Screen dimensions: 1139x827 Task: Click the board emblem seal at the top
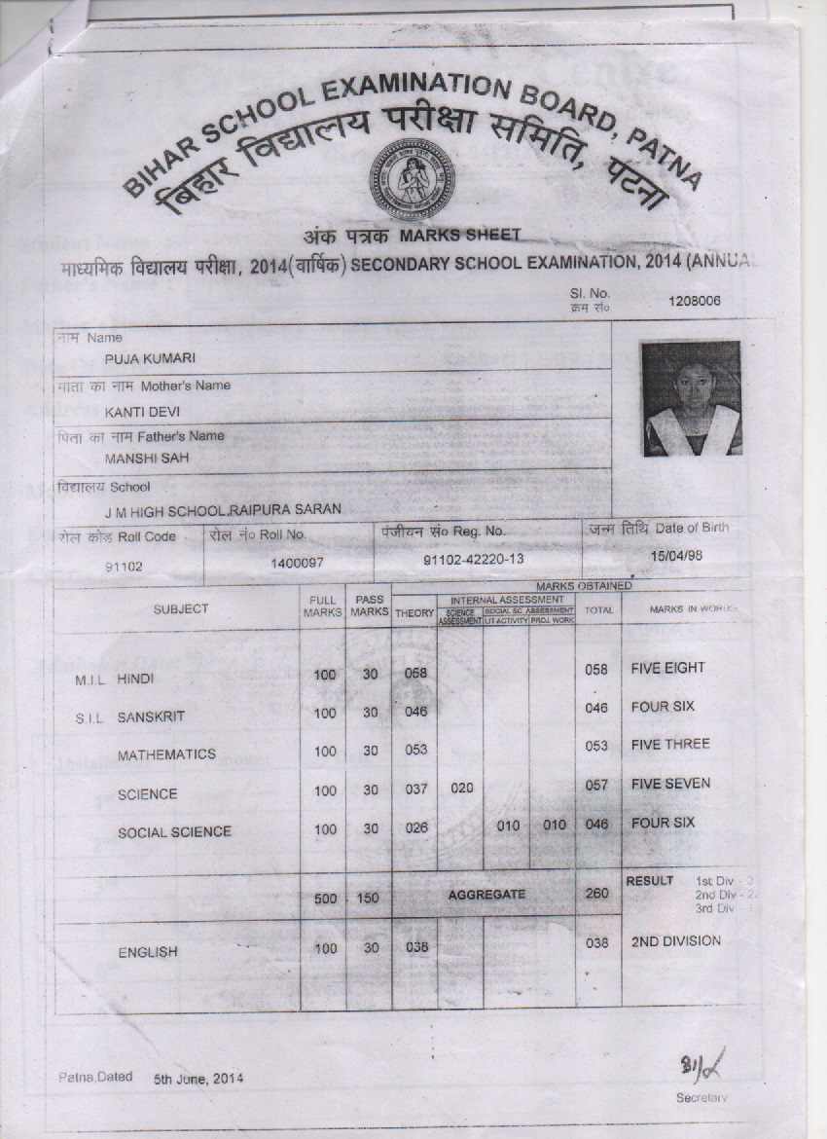click(x=412, y=179)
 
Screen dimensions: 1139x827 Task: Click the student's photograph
click(x=691, y=398)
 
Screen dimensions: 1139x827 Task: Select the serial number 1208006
click(x=694, y=301)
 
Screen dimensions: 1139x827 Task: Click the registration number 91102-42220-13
click(x=474, y=561)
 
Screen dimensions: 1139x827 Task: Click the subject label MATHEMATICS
click(x=166, y=754)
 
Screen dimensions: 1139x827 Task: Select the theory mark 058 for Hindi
click(x=416, y=672)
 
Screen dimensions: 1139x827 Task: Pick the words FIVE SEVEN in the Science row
click(x=670, y=784)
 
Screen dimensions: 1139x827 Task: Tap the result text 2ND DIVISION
click(x=676, y=941)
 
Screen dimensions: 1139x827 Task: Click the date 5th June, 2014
click(x=198, y=1079)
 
